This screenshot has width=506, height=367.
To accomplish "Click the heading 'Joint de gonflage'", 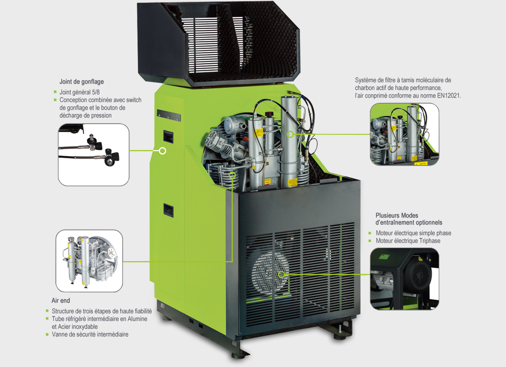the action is [81, 81].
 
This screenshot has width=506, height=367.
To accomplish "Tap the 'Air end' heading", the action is [61, 300].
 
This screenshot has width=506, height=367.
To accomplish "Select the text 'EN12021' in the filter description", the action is [449, 96].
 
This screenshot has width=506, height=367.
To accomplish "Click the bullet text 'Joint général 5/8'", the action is [80, 92].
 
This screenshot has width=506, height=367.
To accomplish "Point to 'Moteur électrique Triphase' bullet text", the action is [408, 241].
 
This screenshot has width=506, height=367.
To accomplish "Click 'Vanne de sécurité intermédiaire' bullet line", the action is [90, 334].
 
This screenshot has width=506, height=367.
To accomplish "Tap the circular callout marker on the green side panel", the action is [162, 151].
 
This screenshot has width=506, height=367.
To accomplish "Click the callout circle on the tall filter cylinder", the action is [290, 134].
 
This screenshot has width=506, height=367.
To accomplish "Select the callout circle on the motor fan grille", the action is [281, 275].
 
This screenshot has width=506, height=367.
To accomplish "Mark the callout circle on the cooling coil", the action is [232, 175].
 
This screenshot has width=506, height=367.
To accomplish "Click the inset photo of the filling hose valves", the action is [94, 154].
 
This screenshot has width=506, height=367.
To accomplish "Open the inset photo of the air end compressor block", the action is [89, 261].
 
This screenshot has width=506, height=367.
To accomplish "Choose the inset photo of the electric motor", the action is [404, 279].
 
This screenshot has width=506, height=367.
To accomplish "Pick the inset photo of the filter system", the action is [404, 134].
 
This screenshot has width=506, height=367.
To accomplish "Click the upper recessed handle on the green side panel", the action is [168, 137].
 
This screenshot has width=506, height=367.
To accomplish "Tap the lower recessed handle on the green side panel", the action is [168, 210].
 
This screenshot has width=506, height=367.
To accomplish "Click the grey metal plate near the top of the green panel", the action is [169, 116].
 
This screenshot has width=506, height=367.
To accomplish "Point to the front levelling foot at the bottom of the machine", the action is [240, 355].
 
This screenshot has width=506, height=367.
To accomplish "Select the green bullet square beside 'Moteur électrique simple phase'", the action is [370, 233].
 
